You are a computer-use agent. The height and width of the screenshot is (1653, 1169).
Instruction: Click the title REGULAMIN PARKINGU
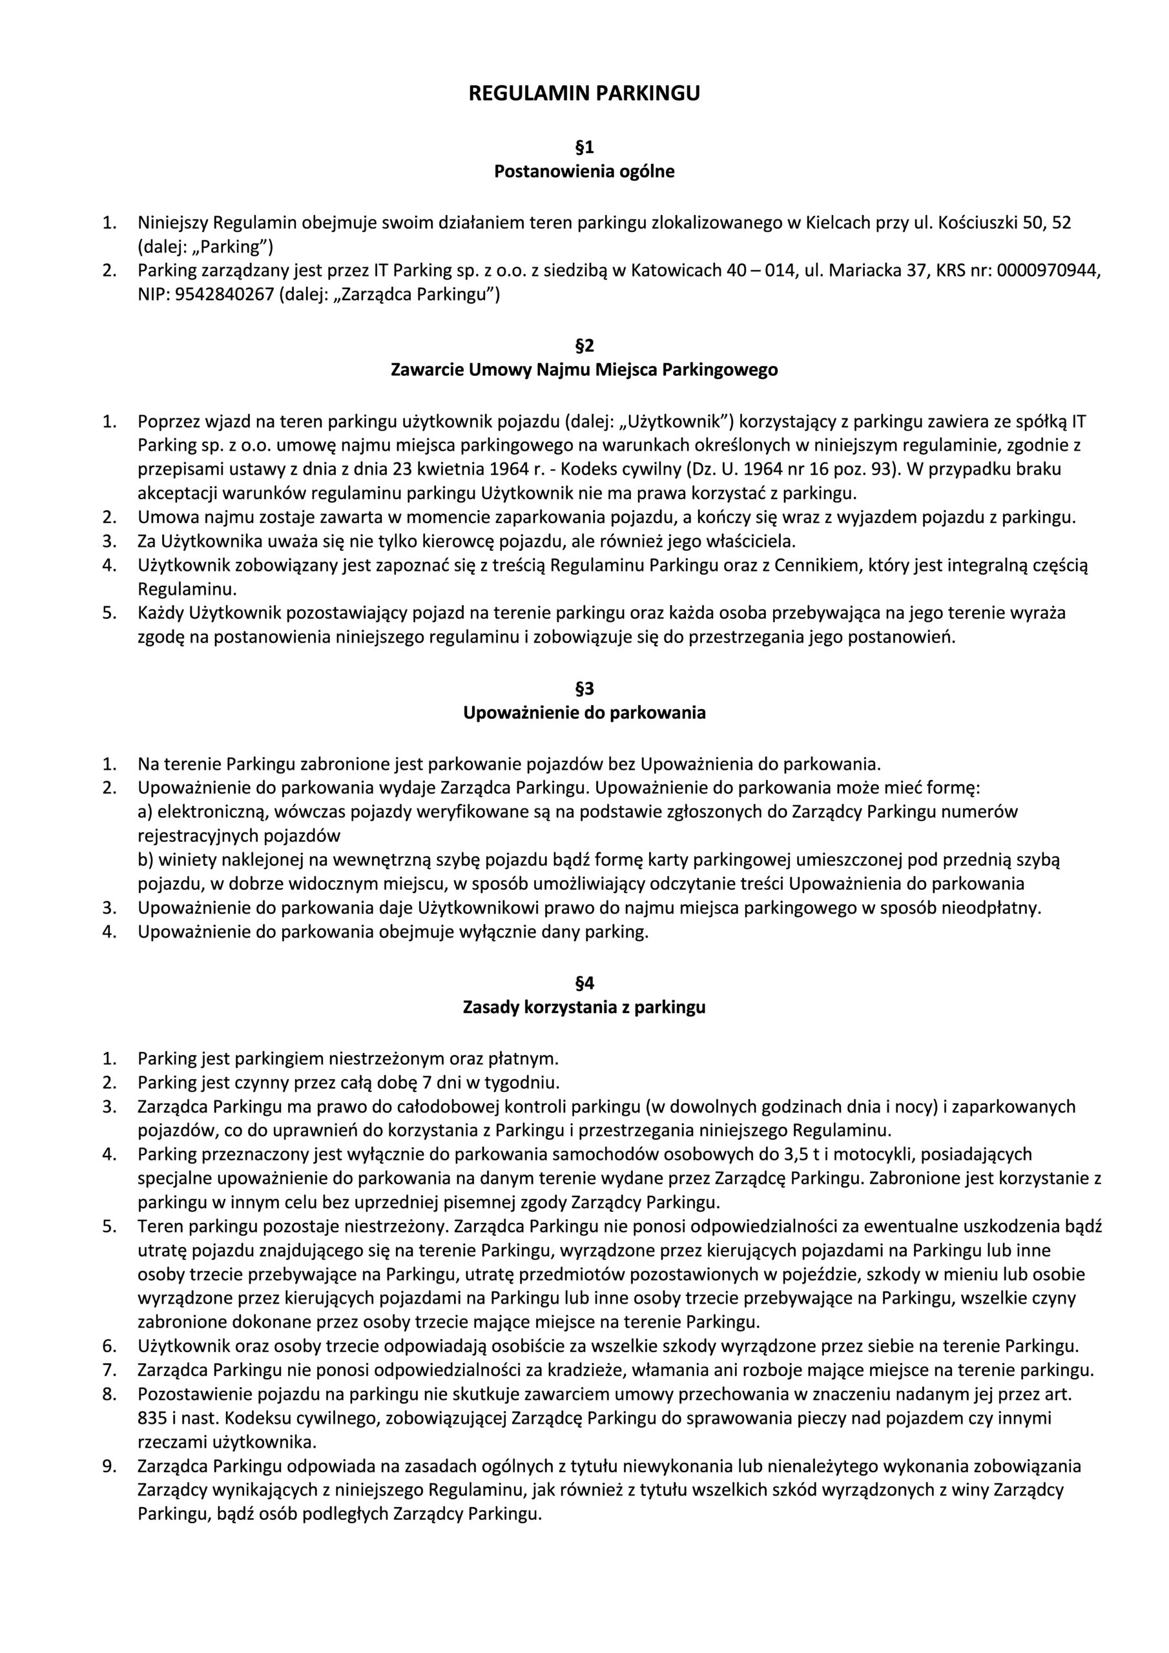tap(584, 94)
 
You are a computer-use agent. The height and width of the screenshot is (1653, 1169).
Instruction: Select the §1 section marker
tap(584, 148)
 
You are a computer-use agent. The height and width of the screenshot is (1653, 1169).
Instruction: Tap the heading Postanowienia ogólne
tap(584, 172)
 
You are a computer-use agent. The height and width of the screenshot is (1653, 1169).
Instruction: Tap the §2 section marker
tap(584, 346)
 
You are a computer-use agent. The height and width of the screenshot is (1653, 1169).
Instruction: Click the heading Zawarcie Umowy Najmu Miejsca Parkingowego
tap(584, 370)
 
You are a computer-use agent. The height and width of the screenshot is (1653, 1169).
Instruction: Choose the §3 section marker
tap(584, 689)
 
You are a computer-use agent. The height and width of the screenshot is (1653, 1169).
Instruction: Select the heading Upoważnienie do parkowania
tap(584, 713)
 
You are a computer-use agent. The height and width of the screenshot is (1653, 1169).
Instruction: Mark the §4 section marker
tap(584, 983)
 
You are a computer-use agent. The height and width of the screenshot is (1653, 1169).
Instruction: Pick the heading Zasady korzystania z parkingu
tap(584, 1007)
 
